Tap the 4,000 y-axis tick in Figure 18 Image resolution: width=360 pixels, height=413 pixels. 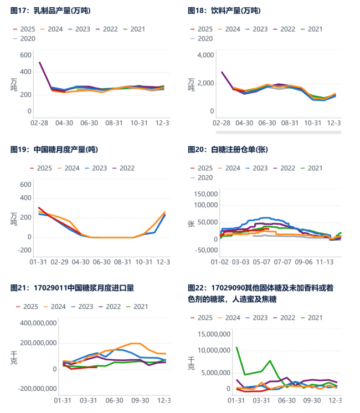click(x=205, y=55)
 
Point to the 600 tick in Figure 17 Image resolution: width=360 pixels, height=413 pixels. click(x=25, y=55)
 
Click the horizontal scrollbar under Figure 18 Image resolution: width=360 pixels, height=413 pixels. click(x=277, y=132)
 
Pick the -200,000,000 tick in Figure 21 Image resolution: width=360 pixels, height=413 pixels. click(x=37, y=389)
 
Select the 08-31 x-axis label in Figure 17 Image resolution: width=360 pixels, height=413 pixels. click(x=115, y=122)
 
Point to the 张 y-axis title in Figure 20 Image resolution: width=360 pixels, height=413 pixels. click(x=191, y=223)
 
